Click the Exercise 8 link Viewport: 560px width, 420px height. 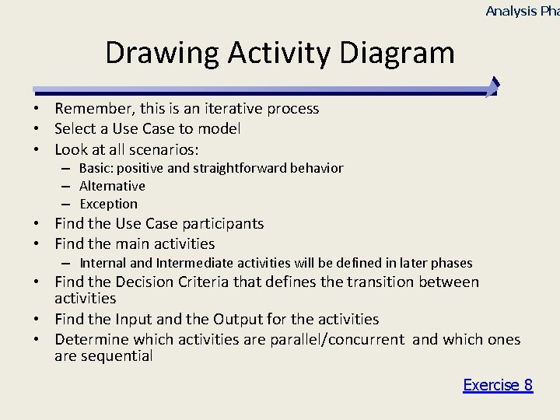[498, 385]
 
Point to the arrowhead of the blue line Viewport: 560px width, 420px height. [492, 87]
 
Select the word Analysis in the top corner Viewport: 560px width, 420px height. [511, 11]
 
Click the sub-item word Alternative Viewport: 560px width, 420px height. [112, 186]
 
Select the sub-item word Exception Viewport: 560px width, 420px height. [108, 204]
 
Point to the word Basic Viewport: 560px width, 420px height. [96, 168]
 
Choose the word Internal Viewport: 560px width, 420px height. [103, 263]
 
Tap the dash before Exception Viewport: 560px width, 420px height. [68, 205]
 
